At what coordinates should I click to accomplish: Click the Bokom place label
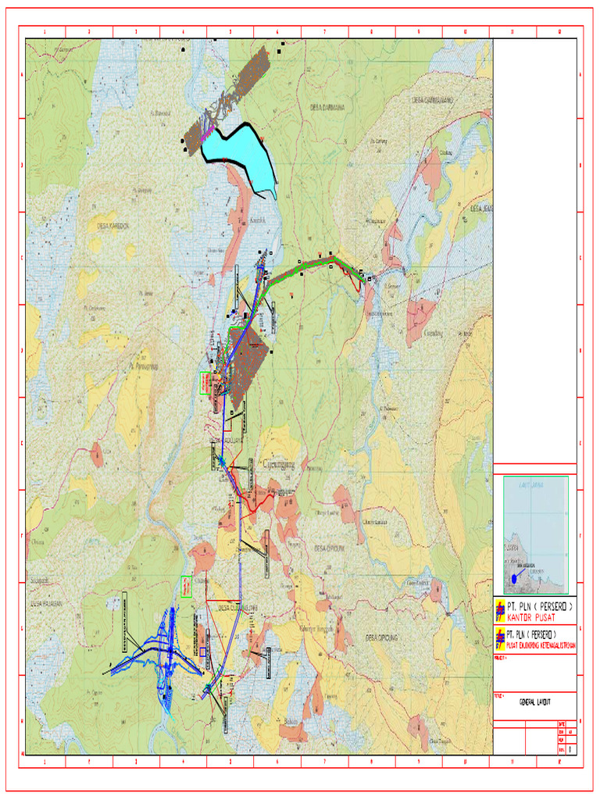pyautogui.click(x=292, y=720)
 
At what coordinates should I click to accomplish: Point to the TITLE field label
pyautogui.click(x=499, y=695)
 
